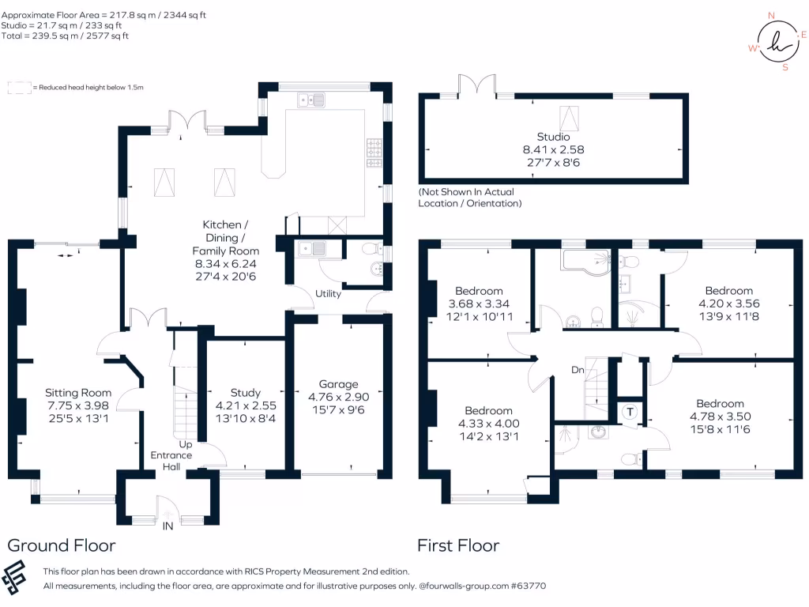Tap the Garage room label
pos(338,385)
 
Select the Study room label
pos(245,393)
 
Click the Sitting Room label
pos(78,393)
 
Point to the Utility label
pos(329,294)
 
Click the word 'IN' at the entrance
pos(168,526)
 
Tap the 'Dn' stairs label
pos(578,369)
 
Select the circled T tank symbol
pos(630,411)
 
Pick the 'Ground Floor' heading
pos(62,545)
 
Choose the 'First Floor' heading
pos(458,545)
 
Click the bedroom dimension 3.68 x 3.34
pos(480,304)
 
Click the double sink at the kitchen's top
pos(312,99)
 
